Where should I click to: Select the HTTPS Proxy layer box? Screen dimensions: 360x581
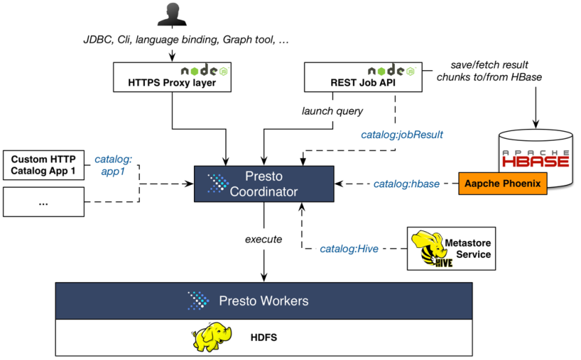coord(172,77)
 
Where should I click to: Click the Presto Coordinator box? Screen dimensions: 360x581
coord(263,184)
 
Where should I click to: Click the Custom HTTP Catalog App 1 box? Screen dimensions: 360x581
coord(43,163)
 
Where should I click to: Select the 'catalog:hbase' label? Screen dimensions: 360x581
coord(406,184)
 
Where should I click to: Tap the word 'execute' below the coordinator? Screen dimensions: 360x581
coord(263,239)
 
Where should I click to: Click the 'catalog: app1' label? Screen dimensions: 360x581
coord(113,163)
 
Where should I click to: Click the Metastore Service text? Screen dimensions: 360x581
coord(468,249)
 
